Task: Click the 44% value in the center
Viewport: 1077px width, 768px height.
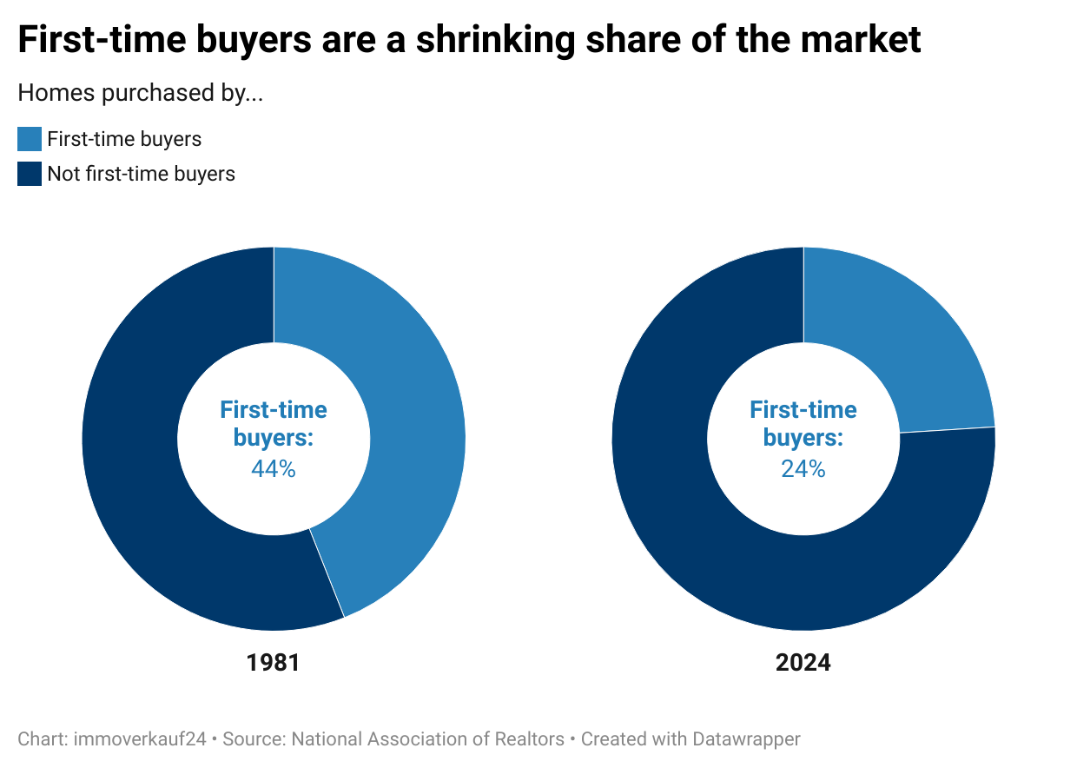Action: pyautogui.click(x=274, y=469)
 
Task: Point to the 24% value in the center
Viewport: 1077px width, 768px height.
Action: pyautogui.click(x=803, y=469)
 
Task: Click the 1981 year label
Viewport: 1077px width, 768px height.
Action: pyautogui.click(x=274, y=663)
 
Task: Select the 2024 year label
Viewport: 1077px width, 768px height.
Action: pyautogui.click(x=803, y=663)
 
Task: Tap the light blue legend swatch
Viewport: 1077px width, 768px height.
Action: pyautogui.click(x=30, y=139)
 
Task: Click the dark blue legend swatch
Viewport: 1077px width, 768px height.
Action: pyautogui.click(x=30, y=174)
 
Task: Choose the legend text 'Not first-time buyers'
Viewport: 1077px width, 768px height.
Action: pyautogui.click(x=141, y=174)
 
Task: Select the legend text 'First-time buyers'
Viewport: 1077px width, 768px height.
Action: pyautogui.click(x=124, y=139)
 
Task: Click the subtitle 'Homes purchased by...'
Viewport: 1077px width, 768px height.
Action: pyautogui.click(x=140, y=93)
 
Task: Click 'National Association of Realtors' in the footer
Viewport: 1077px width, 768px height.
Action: pyautogui.click(x=427, y=739)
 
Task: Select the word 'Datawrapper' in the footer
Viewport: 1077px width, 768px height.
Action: pyautogui.click(x=746, y=739)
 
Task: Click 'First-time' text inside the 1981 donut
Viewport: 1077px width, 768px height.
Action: pyautogui.click(x=274, y=410)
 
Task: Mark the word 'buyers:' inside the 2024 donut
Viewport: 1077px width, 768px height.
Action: pyautogui.click(x=803, y=438)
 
